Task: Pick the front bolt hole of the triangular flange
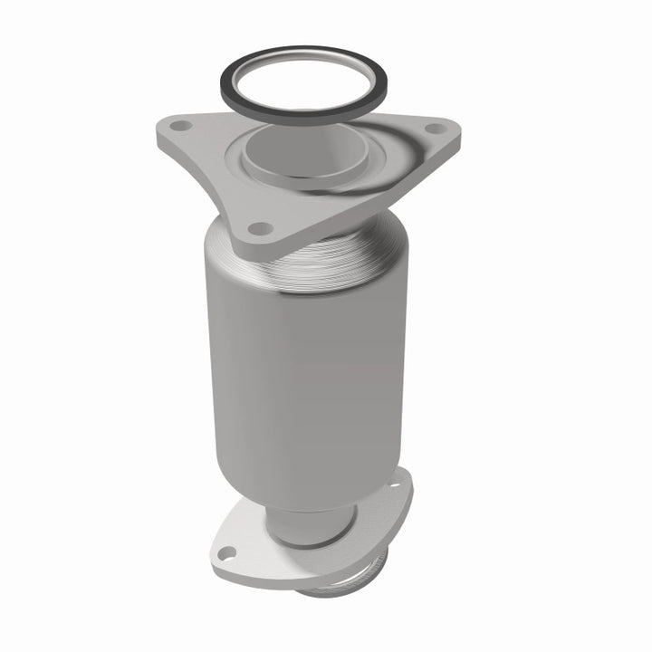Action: click(258, 228)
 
